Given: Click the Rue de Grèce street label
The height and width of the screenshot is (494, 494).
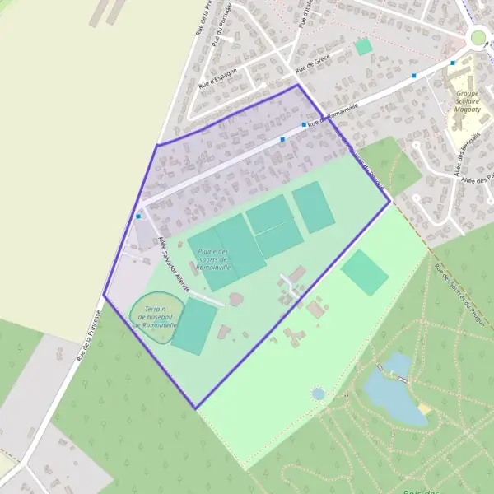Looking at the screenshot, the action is click(x=312, y=64).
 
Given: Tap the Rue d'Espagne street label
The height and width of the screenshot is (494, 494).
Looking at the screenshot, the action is click(x=218, y=77).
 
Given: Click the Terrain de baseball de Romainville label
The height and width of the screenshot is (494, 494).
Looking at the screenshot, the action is click(x=155, y=316).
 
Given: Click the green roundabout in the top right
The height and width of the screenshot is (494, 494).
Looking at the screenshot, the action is click(x=478, y=37).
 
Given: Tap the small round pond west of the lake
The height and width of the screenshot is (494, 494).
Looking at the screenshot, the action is click(x=318, y=394).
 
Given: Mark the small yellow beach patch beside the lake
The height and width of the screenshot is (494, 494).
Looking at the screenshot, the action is click(x=425, y=408).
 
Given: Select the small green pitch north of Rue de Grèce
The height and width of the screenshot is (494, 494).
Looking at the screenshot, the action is click(x=363, y=47).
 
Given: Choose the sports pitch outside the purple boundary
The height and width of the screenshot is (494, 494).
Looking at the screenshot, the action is click(x=364, y=273).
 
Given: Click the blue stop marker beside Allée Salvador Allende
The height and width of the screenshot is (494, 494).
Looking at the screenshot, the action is click(x=138, y=216).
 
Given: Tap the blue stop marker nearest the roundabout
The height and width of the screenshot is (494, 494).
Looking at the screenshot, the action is click(x=452, y=63).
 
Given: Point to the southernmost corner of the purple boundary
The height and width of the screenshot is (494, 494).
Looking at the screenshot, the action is click(x=195, y=408).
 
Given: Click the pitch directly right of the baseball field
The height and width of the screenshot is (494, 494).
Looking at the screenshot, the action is click(x=194, y=327).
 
